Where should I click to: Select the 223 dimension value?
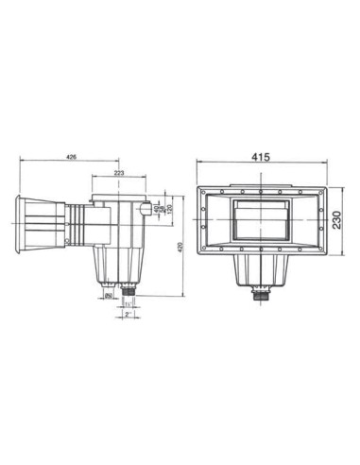tap(120, 172)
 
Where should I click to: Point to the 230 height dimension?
tap(338, 219)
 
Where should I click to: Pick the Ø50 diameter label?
tap(110, 295)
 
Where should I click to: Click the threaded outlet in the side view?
tap(124, 289)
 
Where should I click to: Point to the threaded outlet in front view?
tap(262, 290)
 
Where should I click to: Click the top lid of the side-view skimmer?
tap(118, 197)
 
